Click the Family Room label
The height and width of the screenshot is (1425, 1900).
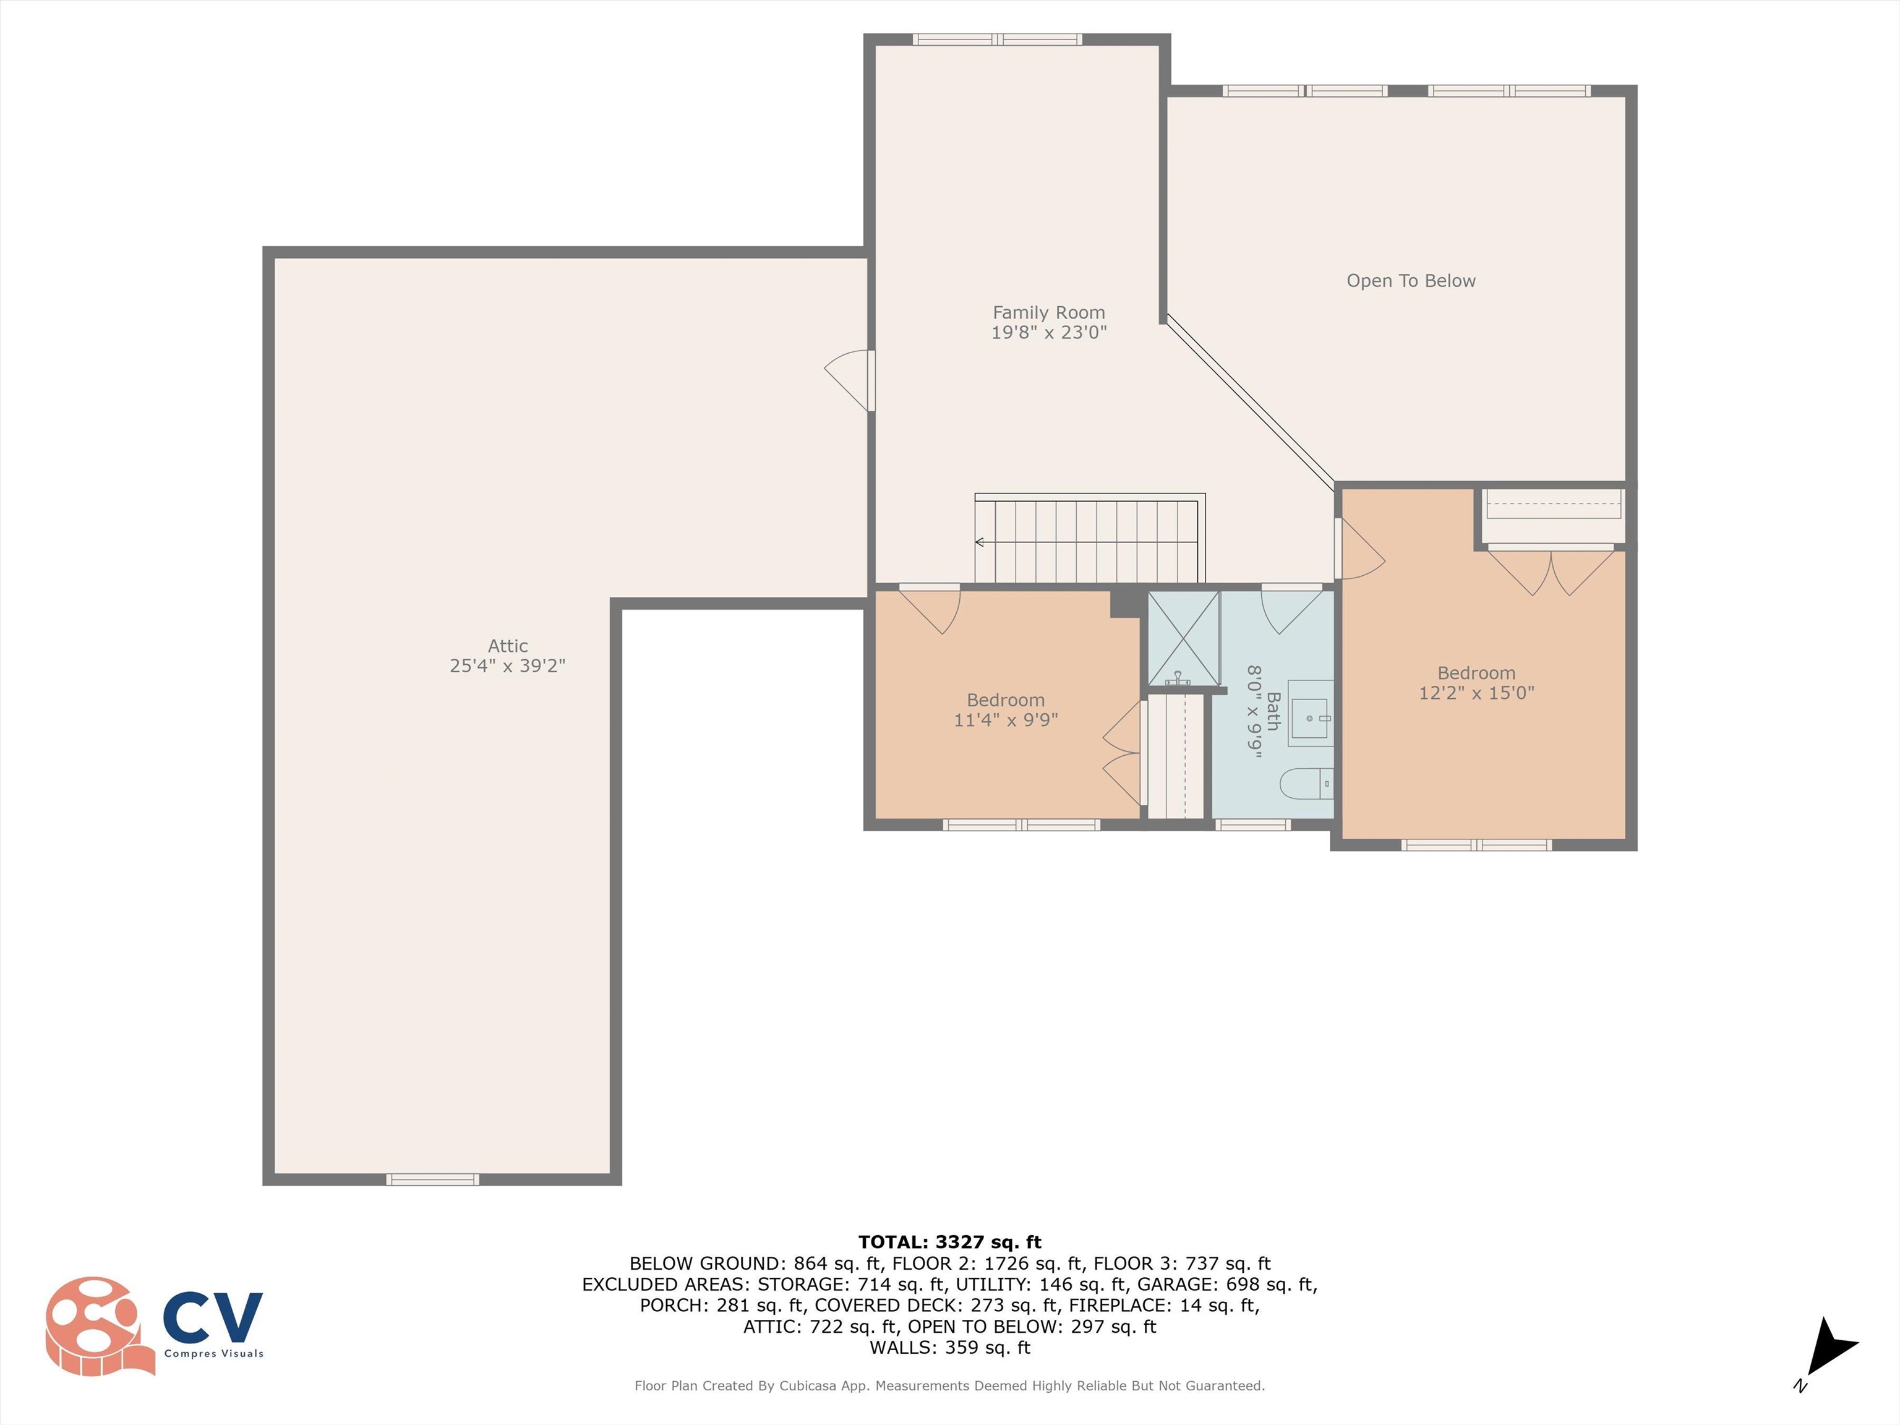pyautogui.click(x=1049, y=313)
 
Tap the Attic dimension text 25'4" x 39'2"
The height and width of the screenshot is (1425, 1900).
pyautogui.click(x=508, y=665)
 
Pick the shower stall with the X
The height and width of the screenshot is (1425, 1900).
pyautogui.click(x=1184, y=638)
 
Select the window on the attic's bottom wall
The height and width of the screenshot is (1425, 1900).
pyautogui.click(x=432, y=1179)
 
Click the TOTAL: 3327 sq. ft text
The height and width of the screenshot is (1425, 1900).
pyautogui.click(x=949, y=1242)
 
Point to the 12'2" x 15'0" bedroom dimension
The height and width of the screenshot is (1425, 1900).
pyautogui.click(x=1476, y=693)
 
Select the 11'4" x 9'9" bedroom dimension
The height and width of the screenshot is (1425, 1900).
pyautogui.click(x=1006, y=720)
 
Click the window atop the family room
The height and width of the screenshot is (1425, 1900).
pyautogui.click(x=997, y=38)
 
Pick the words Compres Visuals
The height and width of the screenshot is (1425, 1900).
pyautogui.click(x=214, y=1354)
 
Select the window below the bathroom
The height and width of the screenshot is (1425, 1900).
pyautogui.click(x=1252, y=824)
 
